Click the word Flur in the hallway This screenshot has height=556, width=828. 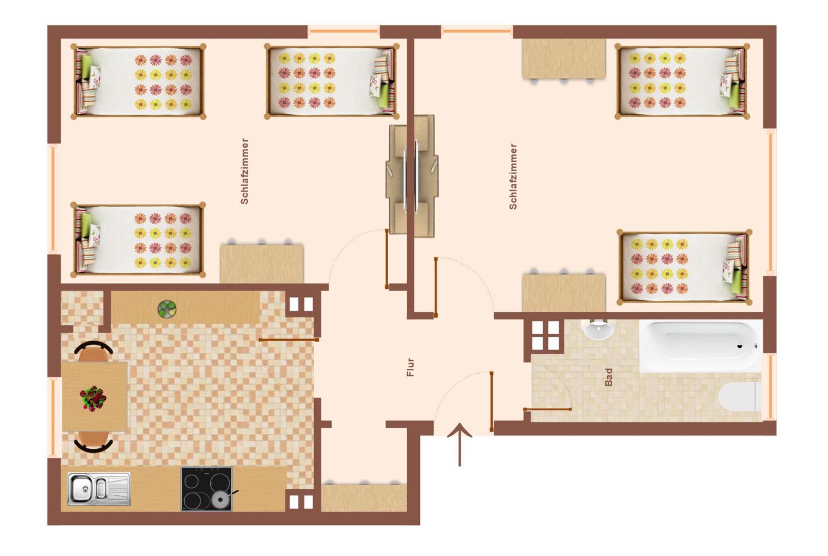point(410,367)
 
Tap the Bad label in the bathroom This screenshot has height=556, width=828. point(608,377)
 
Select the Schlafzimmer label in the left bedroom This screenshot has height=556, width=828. point(244,171)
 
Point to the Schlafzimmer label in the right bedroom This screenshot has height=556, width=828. point(513,176)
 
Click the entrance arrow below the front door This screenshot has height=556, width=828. point(460,444)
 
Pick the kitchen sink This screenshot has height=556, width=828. point(99,489)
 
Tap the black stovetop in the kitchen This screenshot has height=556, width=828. point(206,488)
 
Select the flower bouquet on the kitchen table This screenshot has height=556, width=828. point(93,398)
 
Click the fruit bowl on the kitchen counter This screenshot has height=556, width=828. point(167,309)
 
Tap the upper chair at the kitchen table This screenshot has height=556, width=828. point(94,352)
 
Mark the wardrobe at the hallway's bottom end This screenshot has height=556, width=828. point(364,497)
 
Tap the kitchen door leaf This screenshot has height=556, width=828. point(289,340)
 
